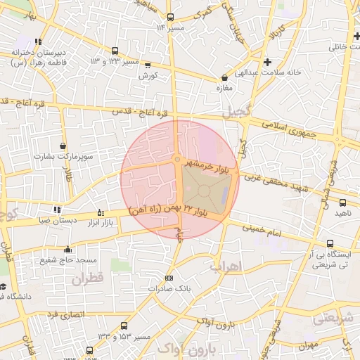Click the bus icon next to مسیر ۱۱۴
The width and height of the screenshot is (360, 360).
170,17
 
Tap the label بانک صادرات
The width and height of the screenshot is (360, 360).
167,288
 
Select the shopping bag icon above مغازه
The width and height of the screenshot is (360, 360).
224,77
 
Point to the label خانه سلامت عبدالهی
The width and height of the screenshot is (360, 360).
292,72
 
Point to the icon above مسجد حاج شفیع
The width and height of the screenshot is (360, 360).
67,249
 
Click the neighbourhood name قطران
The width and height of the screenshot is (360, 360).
87,279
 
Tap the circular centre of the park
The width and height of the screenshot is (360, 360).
204,191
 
